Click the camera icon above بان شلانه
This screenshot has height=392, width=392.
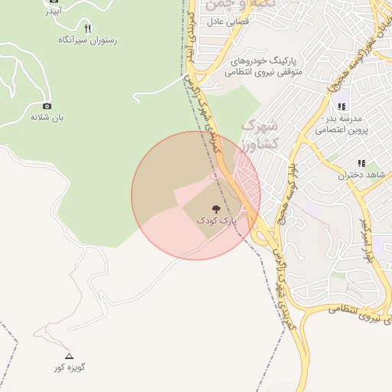click(x=47, y=106)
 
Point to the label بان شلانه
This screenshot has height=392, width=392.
click(x=47, y=118)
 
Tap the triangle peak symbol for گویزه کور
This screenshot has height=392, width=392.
click(x=69, y=356)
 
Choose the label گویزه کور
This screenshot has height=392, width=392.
click(x=69, y=367)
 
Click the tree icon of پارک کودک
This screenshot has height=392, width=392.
click(x=217, y=207)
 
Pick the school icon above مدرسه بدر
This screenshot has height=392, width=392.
click(x=342, y=106)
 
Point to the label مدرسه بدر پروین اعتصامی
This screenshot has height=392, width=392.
click(x=349, y=125)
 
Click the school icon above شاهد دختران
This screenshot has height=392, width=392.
click(x=361, y=163)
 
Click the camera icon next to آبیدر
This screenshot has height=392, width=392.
click(x=54, y=2)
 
